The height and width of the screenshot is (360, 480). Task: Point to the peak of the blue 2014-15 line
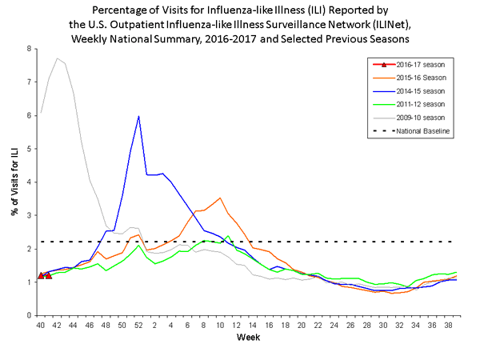(x=139, y=116)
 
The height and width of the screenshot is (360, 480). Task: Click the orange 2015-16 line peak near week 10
(x=220, y=198)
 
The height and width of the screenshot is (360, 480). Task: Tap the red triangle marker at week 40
(x=41, y=275)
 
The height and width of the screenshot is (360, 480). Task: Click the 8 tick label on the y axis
(x=29, y=49)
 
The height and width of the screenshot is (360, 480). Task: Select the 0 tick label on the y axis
(x=29, y=315)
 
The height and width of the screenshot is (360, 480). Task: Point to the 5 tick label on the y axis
(x=29, y=149)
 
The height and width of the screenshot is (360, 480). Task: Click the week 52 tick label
(x=139, y=326)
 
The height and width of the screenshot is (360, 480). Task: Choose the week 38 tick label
(x=449, y=326)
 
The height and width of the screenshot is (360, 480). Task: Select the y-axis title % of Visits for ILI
(x=11, y=182)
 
